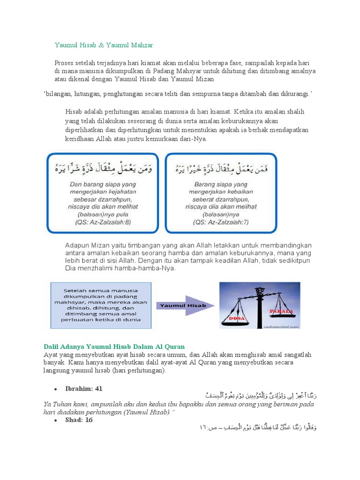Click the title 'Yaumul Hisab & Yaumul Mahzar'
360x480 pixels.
click(x=104, y=45)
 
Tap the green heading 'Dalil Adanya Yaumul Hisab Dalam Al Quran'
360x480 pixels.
click(x=114, y=346)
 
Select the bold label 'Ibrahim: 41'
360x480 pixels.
click(x=85, y=389)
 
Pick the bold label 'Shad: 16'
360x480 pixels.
click(x=80, y=420)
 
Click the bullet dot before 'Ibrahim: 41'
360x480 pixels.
click(x=55, y=389)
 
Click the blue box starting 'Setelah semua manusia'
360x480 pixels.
click(x=101, y=305)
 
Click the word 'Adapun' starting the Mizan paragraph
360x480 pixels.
click(x=76, y=246)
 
